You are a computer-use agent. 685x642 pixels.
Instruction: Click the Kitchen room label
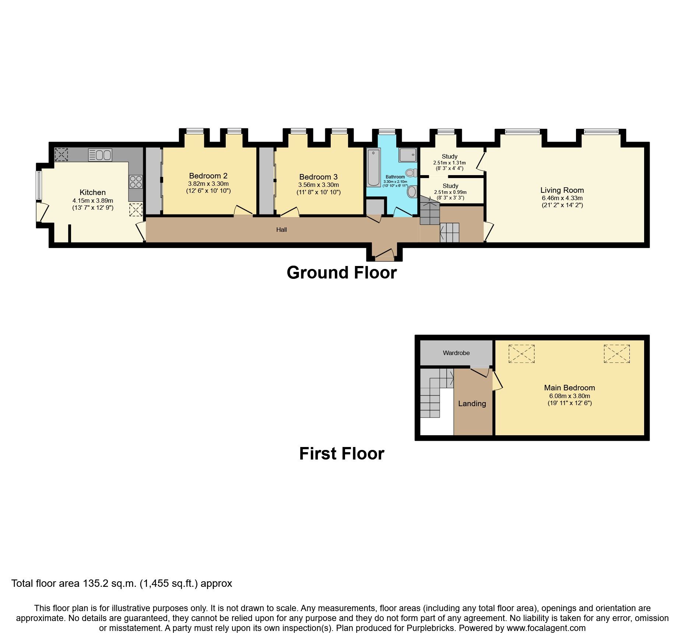[x=92, y=192]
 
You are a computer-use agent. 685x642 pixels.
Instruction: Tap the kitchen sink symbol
[x=100, y=155]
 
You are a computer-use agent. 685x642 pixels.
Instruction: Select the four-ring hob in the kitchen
[x=136, y=181]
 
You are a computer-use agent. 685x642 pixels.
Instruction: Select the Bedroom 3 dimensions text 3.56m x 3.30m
[x=318, y=185]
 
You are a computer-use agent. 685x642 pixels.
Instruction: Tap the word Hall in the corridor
[x=281, y=230]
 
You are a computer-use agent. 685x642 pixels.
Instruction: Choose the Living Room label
[x=562, y=190]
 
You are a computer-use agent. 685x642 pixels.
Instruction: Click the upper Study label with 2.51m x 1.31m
[x=449, y=156]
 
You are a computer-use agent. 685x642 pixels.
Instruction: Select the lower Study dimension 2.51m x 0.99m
[x=450, y=192]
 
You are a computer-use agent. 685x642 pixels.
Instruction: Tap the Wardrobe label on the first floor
[x=456, y=353]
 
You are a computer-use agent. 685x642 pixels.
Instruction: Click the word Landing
[x=472, y=404]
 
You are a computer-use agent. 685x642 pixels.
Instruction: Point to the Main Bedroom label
[x=569, y=387]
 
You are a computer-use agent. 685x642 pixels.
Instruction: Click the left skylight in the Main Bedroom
[x=521, y=354]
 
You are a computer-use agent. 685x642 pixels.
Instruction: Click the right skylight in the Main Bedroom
[x=616, y=354]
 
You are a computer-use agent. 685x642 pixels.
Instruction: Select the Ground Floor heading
[x=341, y=273]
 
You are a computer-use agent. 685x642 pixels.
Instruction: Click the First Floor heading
[x=341, y=454]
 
